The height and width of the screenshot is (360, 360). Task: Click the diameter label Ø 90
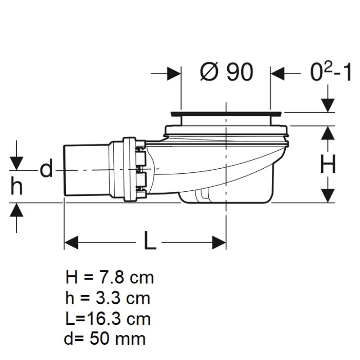click(227, 72)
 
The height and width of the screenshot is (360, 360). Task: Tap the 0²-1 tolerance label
click(331, 72)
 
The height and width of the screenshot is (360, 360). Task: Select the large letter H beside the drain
click(328, 164)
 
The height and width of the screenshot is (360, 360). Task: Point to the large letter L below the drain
click(150, 240)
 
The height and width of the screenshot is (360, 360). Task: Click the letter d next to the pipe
click(46, 168)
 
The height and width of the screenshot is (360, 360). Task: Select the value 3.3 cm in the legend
click(123, 298)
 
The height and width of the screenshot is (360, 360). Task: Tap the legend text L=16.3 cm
click(108, 319)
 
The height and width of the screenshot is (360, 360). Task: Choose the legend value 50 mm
click(117, 339)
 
